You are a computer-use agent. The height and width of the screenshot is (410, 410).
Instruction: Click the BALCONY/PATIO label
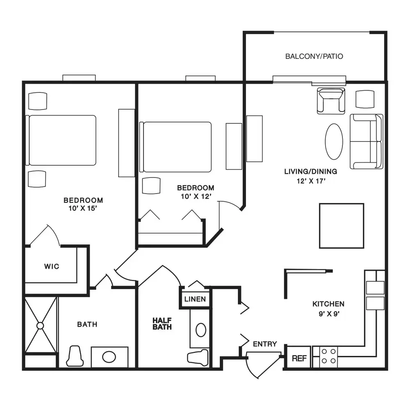tap(314, 56)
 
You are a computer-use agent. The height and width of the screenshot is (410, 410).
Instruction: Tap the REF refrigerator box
tap(299, 358)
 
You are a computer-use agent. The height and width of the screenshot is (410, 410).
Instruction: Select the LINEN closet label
tap(195, 299)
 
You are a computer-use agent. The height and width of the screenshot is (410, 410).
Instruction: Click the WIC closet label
tap(52, 266)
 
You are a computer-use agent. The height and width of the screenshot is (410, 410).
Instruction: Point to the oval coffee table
tap(334, 141)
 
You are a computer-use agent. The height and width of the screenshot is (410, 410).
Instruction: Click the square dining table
tap(342, 225)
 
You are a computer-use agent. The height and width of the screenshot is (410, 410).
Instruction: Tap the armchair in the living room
tap(331, 101)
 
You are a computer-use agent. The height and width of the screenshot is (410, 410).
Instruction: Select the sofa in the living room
tap(367, 141)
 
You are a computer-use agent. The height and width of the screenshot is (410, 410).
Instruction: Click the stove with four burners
tap(329, 356)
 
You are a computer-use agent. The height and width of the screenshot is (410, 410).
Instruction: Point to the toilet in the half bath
tap(198, 358)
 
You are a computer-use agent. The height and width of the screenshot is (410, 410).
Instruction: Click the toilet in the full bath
tap(75, 356)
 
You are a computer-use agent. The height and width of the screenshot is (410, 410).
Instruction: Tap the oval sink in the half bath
tap(201, 330)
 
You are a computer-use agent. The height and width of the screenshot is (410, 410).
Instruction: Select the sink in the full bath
tap(109, 357)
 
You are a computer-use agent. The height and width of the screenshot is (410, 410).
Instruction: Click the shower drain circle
tap(40, 326)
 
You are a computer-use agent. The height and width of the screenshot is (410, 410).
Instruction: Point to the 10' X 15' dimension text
tap(83, 208)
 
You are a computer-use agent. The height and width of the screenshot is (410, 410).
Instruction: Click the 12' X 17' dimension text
tap(311, 181)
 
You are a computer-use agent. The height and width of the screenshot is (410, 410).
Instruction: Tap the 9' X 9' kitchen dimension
tap(329, 314)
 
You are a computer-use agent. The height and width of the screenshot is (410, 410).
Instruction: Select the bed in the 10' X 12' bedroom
tap(175, 147)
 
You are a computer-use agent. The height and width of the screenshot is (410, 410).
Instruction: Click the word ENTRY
tap(265, 344)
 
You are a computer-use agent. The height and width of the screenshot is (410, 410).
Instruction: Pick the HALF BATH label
tap(162, 324)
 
